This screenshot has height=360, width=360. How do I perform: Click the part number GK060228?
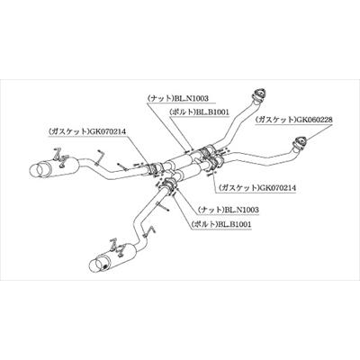click(314, 120)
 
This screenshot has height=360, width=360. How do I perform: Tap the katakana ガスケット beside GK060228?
click(275, 120)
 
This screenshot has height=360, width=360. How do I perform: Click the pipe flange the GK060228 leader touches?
click(300, 142)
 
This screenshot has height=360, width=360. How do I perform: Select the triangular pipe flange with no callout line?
click(259, 94)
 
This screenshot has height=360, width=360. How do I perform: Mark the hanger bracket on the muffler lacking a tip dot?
click(61, 157)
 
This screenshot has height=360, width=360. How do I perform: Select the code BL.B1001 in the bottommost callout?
click(234, 224)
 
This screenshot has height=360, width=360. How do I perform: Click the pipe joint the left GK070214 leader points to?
click(154, 168)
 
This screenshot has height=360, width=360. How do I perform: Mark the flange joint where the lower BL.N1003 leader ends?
click(168, 185)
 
